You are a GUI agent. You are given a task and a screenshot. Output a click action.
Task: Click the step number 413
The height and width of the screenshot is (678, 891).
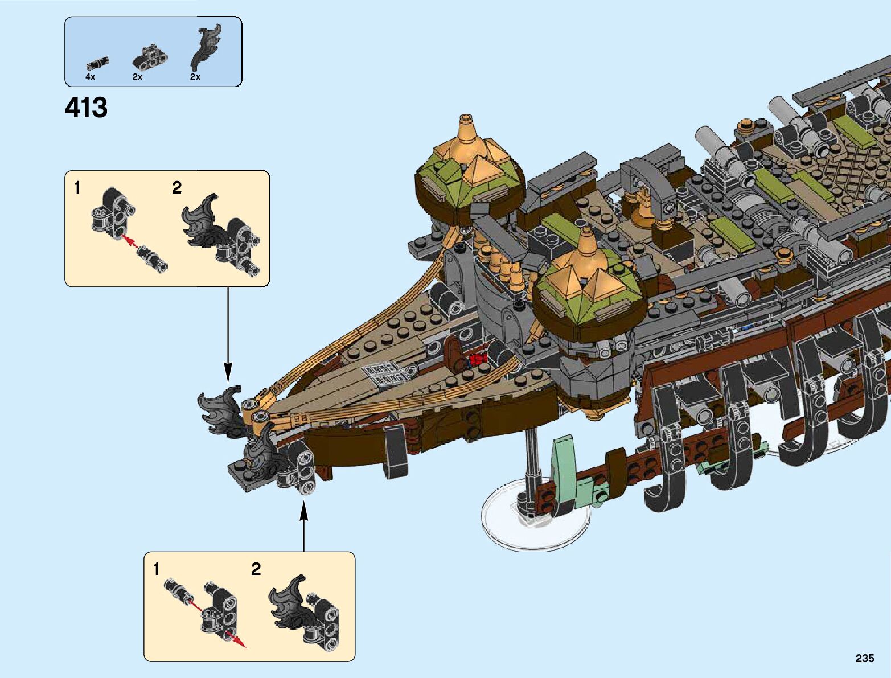pos(86,108)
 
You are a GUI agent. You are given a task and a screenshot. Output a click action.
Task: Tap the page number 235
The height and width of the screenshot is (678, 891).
pos(864,658)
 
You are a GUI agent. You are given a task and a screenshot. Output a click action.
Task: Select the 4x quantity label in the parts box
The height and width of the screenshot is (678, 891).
pos(91,76)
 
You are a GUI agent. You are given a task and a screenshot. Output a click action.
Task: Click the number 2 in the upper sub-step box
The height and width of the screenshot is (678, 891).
pos(176,188)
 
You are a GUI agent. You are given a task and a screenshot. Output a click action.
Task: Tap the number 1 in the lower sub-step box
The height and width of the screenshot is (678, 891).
pos(157,569)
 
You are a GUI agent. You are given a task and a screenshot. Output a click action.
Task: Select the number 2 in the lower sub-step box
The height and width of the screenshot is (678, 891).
pos(256,569)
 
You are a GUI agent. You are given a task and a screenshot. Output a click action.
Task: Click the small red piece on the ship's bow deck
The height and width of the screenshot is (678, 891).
pos(476,360)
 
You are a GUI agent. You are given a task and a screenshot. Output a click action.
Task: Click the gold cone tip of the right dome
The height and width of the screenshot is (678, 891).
pos(586,239)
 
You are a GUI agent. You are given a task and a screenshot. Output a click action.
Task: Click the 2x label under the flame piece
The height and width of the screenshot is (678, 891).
pos(195,76)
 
